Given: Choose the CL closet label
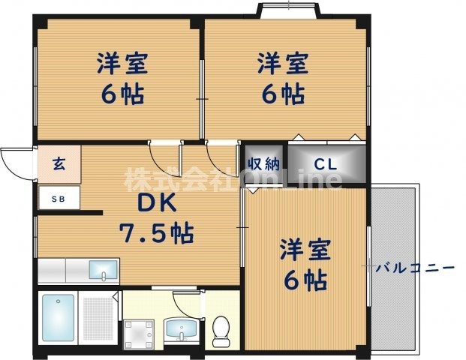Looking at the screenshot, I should (x=325, y=163).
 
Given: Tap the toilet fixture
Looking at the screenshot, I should (x=221, y=331).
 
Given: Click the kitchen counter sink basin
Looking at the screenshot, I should (x=103, y=270).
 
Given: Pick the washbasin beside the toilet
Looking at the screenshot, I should (x=179, y=328).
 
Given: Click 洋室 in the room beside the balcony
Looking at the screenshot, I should (x=305, y=250).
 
